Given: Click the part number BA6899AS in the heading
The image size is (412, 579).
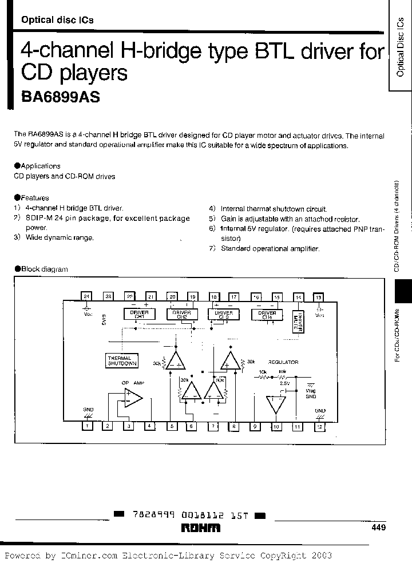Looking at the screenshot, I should click(61, 97).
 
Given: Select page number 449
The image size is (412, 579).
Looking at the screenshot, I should click(379, 528).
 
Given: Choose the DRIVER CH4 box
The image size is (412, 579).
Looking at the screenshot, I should click(268, 314).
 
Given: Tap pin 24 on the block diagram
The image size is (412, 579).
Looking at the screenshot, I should click(86, 296).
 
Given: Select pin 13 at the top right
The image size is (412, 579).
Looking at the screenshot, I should click(319, 296).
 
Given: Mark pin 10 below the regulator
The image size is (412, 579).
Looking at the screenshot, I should click(276, 426).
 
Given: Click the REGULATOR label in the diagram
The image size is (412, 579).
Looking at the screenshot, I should click(284, 362).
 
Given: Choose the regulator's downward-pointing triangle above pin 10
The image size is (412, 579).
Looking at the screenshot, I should click(276, 404).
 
